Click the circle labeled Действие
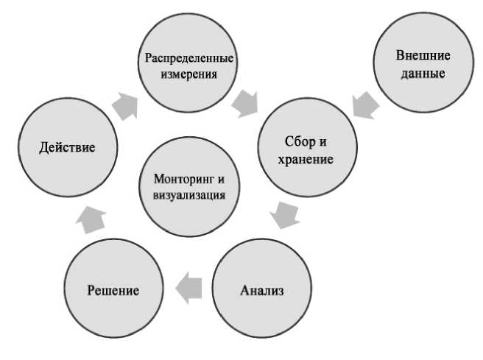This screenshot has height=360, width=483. tap(67, 147)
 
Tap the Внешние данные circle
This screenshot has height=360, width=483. tap(423, 65)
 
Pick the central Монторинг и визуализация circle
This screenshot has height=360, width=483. tap(190, 187)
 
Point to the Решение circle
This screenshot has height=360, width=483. tap(112, 289)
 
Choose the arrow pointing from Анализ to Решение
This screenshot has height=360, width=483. tap(189, 286)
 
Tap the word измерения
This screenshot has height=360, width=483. tap(190, 74)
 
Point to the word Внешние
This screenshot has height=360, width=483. tap(423, 57)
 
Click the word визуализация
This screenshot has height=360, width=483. tap(190, 196)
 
